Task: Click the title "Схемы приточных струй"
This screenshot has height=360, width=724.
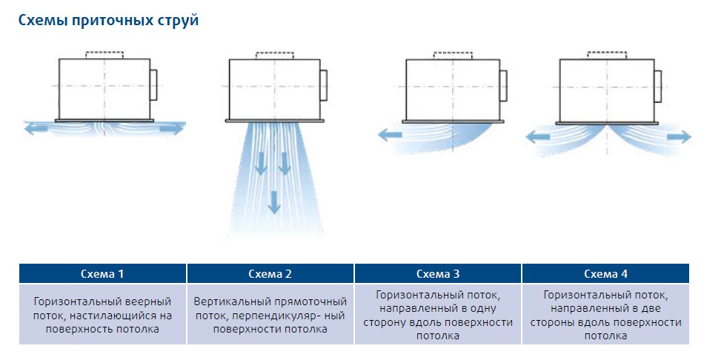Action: point(108,21)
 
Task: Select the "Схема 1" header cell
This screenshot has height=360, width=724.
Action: point(102,273)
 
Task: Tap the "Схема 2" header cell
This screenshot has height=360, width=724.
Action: point(270,273)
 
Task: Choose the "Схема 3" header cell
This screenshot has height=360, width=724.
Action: point(438,273)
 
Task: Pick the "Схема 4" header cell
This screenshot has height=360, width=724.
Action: point(605,273)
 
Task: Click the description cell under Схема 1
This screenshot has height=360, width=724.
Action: point(102,315)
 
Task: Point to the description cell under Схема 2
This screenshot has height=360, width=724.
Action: point(270,315)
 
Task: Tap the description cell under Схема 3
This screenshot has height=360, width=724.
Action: point(438,315)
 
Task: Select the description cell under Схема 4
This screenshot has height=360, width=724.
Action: point(605,315)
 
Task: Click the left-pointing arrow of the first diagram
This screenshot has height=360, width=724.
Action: point(34,129)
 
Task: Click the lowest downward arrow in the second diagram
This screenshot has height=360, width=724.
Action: point(274,201)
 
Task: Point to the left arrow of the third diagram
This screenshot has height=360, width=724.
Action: point(390,135)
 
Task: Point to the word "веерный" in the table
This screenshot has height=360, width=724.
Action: point(147,302)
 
